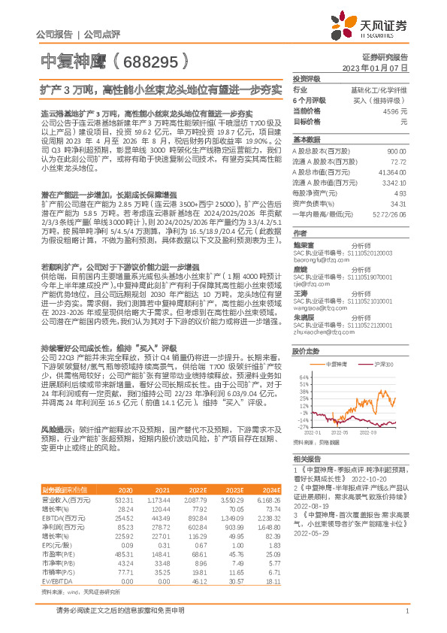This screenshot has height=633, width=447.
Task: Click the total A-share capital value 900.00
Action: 396,151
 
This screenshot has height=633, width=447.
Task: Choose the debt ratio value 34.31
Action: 399,203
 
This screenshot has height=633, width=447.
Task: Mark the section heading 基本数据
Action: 307,140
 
